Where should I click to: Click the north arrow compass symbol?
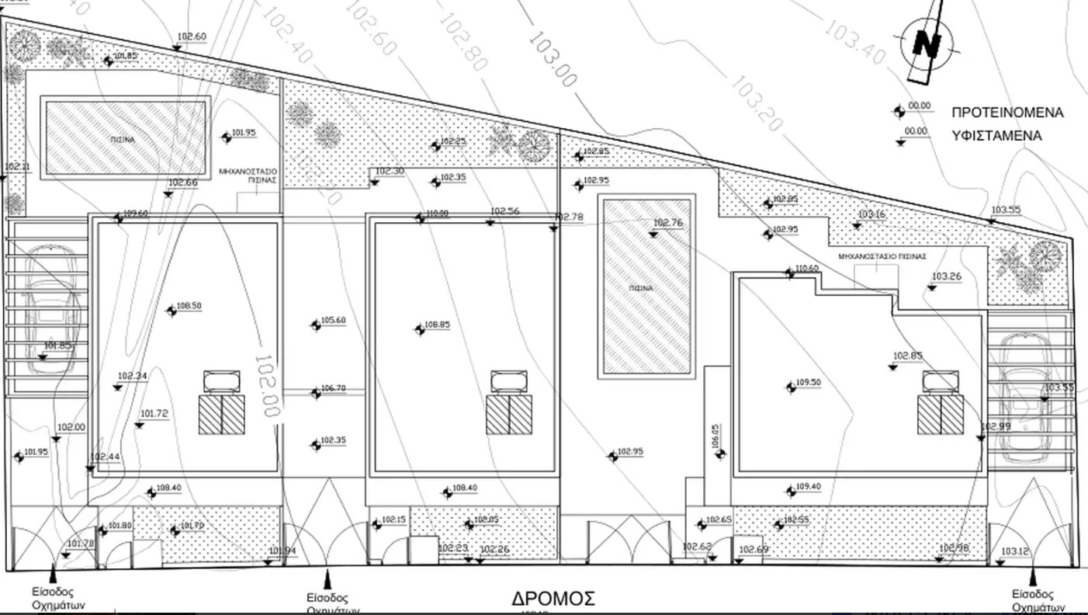tap(927, 43)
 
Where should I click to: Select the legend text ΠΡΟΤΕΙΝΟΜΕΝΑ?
tap(1007, 113)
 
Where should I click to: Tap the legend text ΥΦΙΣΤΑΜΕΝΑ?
tap(996, 135)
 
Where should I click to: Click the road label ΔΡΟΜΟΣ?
tap(553, 599)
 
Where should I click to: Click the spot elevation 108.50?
tap(189, 307)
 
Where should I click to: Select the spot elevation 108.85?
tap(437, 325)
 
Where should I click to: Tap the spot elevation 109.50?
tap(808, 383)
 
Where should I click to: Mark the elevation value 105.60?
tap(333, 321)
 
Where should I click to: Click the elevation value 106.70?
tap(333, 388)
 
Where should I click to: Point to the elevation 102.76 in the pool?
tap(667, 224)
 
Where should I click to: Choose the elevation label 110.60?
tap(806, 269)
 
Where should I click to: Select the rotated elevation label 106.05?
tap(716, 437)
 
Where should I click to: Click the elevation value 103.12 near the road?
tap(1014, 552)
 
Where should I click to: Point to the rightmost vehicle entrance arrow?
tap(1033, 577)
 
